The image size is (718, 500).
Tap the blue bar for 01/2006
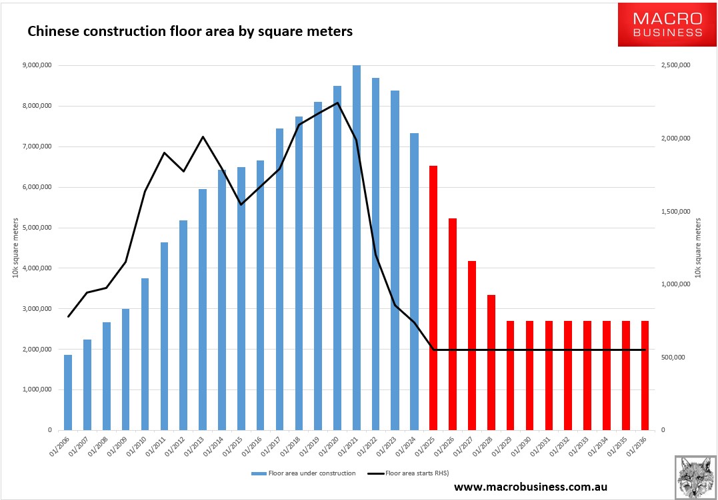[x=68, y=392]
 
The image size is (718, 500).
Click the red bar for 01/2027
[x=472, y=346]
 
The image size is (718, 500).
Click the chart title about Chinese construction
[x=189, y=31]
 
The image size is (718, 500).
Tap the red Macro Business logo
[x=667, y=25]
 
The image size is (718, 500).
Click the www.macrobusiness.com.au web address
[x=531, y=487]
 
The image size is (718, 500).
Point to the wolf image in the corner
[x=695, y=476]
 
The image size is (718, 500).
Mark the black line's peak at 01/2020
[x=337, y=103]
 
